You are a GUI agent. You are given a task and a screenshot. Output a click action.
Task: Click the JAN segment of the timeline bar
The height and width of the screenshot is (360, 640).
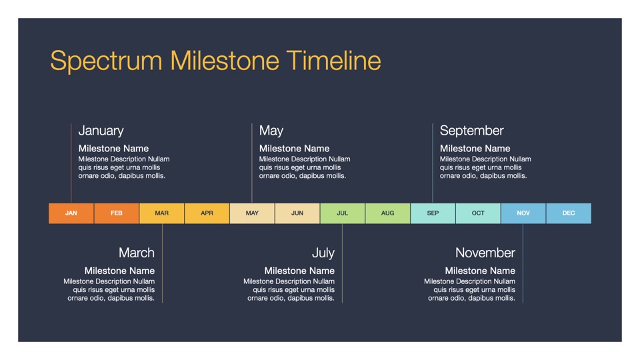(x=71, y=213)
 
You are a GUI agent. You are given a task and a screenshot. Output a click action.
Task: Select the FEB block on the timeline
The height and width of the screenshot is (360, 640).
(x=116, y=213)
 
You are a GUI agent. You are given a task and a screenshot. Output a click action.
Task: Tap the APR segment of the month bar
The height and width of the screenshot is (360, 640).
(x=207, y=213)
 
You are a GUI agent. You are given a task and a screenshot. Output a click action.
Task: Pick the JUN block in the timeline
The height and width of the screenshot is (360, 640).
(x=297, y=213)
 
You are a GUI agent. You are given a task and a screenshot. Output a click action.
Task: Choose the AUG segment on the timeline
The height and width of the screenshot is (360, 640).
(x=388, y=213)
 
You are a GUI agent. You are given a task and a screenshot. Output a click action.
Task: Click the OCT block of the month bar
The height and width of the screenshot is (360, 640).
(x=478, y=213)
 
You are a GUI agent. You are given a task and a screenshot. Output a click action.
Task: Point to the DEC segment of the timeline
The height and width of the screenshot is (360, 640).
(x=569, y=213)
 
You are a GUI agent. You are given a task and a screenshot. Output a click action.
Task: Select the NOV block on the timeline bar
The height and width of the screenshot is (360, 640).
(x=523, y=213)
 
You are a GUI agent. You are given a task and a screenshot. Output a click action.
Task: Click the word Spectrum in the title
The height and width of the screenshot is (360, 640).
(x=106, y=61)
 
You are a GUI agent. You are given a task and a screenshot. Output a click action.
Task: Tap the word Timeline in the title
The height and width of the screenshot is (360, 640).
(x=333, y=61)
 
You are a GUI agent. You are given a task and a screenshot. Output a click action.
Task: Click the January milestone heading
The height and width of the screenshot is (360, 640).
(x=101, y=131)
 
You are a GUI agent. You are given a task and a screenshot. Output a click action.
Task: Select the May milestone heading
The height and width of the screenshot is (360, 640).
(x=271, y=131)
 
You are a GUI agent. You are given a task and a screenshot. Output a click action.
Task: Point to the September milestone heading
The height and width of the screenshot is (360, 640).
(x=471, y=131)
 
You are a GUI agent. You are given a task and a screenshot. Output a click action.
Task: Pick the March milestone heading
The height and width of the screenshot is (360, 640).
(x=136, y=253)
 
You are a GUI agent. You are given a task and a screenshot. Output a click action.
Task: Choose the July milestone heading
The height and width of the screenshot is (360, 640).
(x=323, y=253)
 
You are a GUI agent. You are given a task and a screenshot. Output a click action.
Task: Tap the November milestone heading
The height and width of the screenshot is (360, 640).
(x=485, y=253)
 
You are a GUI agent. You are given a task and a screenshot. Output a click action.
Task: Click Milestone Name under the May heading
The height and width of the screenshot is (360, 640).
(x=294, y=149)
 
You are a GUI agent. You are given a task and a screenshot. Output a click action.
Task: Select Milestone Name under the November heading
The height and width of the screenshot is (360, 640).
(x=480, y=271)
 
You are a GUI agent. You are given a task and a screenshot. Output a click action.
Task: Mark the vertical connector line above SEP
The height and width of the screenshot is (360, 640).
(x=433, y=163)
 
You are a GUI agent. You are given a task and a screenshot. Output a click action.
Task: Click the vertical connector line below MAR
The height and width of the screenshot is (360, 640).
(x=162, y=263)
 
